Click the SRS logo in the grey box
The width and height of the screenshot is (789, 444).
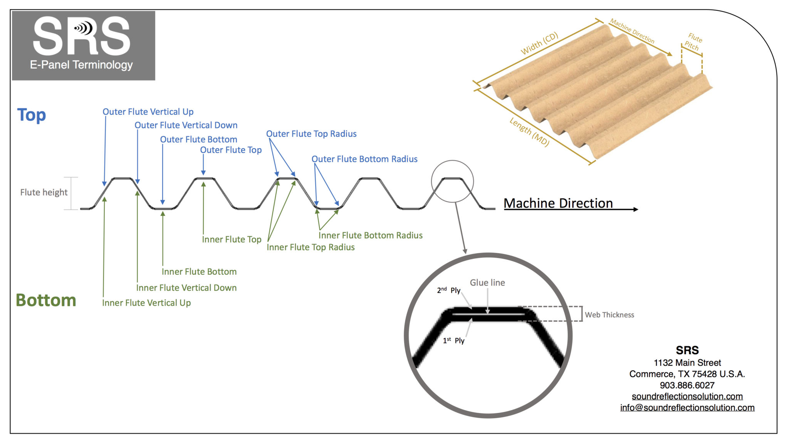pos(82,36)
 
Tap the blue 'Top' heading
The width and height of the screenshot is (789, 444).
pos(32,115)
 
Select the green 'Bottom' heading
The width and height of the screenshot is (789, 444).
pos(46,300)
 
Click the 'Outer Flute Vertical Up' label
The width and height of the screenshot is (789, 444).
pos(148,112)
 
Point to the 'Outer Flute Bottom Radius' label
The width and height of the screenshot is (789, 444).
pos(364,159)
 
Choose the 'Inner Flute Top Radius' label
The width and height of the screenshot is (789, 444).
pos(311,247)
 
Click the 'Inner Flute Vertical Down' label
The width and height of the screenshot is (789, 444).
pos(186,288)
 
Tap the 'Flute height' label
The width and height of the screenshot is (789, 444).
pos(44,192)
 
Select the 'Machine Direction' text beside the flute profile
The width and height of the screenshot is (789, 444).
pos(558,203)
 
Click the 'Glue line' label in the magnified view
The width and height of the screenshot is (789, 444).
pos(487,283)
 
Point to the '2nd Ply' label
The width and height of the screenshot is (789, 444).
pos(449,290)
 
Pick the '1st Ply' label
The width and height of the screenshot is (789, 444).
pos(454,341)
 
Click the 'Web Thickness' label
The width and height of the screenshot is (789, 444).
pos(609,315)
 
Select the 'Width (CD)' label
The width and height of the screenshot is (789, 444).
pos(539,44)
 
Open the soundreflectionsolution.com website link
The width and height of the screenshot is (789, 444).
pos(687,396)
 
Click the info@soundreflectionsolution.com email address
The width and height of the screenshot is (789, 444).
pos(687,407)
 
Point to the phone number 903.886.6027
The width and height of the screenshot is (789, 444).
pos(687,385)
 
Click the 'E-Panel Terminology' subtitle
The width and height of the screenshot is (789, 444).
pos(81,65)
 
